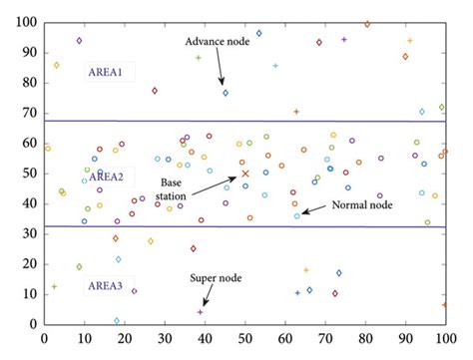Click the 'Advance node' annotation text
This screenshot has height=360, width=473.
218,41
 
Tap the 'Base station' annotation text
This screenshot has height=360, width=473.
177,189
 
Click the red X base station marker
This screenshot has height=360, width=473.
245,174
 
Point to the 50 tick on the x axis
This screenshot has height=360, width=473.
244,338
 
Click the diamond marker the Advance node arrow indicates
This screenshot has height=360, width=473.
226,93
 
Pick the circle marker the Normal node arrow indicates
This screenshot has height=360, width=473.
296,216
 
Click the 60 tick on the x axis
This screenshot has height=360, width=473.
285,338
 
